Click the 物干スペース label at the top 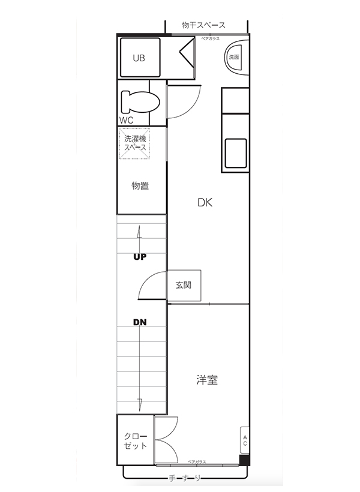[x=204, y=25]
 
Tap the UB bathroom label [x=139, y=58]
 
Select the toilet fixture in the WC [x=139, y=102]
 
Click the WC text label [x=126, y=120]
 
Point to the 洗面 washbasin [x=235, y=58]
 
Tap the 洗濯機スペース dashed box [x=134, y=144]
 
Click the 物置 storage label [x=140, y=185]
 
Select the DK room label [x=205, y=202]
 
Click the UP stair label [x=140, y=257]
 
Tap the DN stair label [x=140, y=322]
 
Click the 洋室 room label [x=206, y=380]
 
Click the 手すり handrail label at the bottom [x=184, y=478]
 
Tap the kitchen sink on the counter [x=236, y=153]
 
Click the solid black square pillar [x=244, y=460]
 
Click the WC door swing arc [x=182, y=103]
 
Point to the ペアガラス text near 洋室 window [x=197, y=461]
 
